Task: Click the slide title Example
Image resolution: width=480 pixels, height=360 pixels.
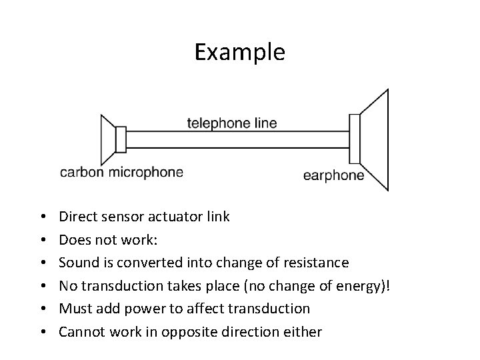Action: pos(239,52)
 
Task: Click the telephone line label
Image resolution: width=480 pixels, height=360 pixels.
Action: pos(231,123)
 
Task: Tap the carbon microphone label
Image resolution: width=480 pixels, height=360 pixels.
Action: pos(121,173)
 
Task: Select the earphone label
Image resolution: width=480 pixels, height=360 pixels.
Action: pos(333,176)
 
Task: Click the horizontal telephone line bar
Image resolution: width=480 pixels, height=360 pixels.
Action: pos(237,139)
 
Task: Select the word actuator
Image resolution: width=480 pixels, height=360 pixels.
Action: pos(171,217)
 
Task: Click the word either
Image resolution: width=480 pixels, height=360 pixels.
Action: pos(305,331)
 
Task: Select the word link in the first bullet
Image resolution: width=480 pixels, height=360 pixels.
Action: pos(218,217)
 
